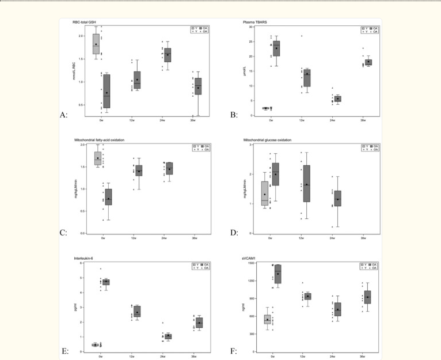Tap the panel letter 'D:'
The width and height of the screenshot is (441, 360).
pos(234,233)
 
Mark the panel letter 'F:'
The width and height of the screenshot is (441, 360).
pos(234,350)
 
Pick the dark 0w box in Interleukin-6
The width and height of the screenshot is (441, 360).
pos(106,282)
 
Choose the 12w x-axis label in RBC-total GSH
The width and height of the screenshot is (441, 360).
pos(134,120)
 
